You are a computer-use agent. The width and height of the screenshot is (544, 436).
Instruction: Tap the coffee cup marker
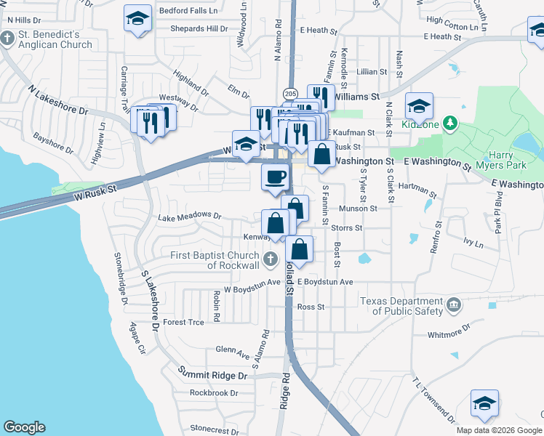274,177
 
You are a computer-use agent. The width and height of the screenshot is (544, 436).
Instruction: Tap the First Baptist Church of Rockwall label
215,260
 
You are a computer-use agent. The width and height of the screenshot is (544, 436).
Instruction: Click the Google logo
24,427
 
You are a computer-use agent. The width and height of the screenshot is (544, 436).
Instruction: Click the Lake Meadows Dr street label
189,216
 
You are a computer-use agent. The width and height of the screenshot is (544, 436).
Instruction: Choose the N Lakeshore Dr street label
57,101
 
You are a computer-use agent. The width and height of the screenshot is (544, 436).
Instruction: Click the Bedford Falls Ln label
188,12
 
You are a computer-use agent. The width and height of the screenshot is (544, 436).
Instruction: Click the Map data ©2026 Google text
498,430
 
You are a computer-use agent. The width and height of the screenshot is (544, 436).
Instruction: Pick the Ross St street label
310,307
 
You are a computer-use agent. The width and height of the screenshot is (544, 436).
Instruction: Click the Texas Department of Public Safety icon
454,303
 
